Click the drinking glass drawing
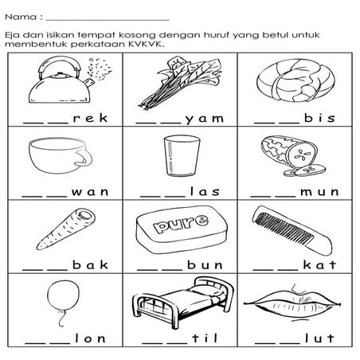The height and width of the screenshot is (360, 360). (x=176, y=157)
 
